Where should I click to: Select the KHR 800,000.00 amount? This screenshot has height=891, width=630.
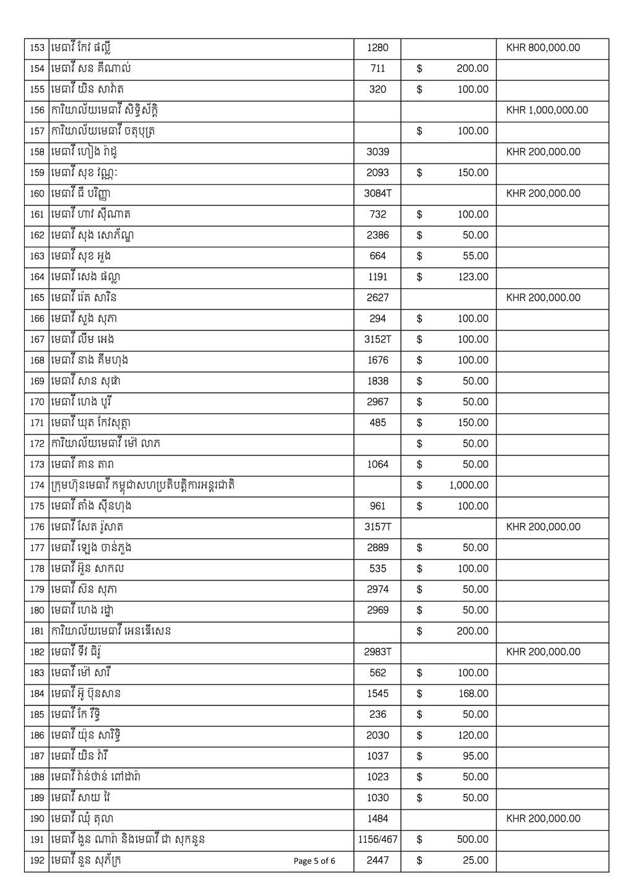click(x=543, y=48)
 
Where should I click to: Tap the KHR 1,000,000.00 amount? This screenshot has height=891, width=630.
click(x=546, y=110)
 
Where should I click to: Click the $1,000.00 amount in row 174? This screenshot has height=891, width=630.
click(x=468, y=485)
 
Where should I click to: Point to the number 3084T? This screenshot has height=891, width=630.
click(x=378, y=194)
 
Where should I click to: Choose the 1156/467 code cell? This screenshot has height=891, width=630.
click(x=378, y=840)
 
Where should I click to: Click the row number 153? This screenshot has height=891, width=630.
click(x=37, y=48)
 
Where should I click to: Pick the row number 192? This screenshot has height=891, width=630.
click(x=37, y=861)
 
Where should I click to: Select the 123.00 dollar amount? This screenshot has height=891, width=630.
click(x=473, y=277)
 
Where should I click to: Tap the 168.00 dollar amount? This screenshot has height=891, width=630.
click(x=473, y=694)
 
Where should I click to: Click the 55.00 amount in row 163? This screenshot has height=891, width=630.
click(x=475, y=256)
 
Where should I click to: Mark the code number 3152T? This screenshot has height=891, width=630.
click(x=378, y=339)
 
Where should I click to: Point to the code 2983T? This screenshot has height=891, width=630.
click(x=378, y=652)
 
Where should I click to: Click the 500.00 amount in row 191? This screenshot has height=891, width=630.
click(x=473, y=840)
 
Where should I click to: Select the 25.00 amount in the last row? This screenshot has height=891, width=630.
click(x=475, y=861)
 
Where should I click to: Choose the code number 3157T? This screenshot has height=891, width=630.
click(x=378, y=527)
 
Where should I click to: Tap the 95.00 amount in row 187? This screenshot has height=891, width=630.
click(x=475, y=756)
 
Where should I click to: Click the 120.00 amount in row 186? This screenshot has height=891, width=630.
click(x=473, y=736)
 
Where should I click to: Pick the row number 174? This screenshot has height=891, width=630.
click(x=37, y=486)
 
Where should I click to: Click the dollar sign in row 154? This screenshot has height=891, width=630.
click(x=420, y=69)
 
